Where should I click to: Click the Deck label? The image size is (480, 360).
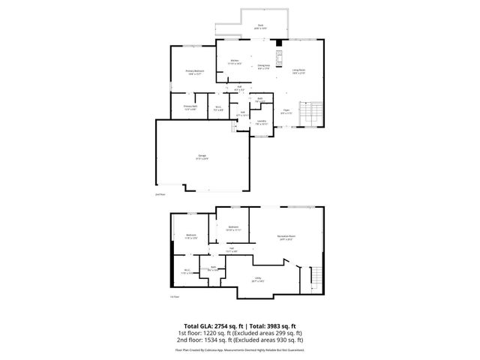(x=261, y=26)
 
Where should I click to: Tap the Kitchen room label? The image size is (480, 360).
(x=235, y=61)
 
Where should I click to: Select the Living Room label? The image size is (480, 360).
(x=298, y=71)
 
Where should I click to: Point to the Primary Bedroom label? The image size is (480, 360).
(x=195, y=72)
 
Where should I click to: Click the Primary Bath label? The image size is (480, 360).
(x=190, y=107)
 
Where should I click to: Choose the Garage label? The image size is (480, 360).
(x=202, y=157)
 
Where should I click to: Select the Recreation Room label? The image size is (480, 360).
(x=286, y=238)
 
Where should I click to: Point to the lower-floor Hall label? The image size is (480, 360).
(x=232, y=250)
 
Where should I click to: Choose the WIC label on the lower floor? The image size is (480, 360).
(x=187, y=271)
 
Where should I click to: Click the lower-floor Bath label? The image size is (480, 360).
(x=213, y=268)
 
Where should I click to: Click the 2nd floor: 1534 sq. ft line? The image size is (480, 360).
(x=240, y=340)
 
